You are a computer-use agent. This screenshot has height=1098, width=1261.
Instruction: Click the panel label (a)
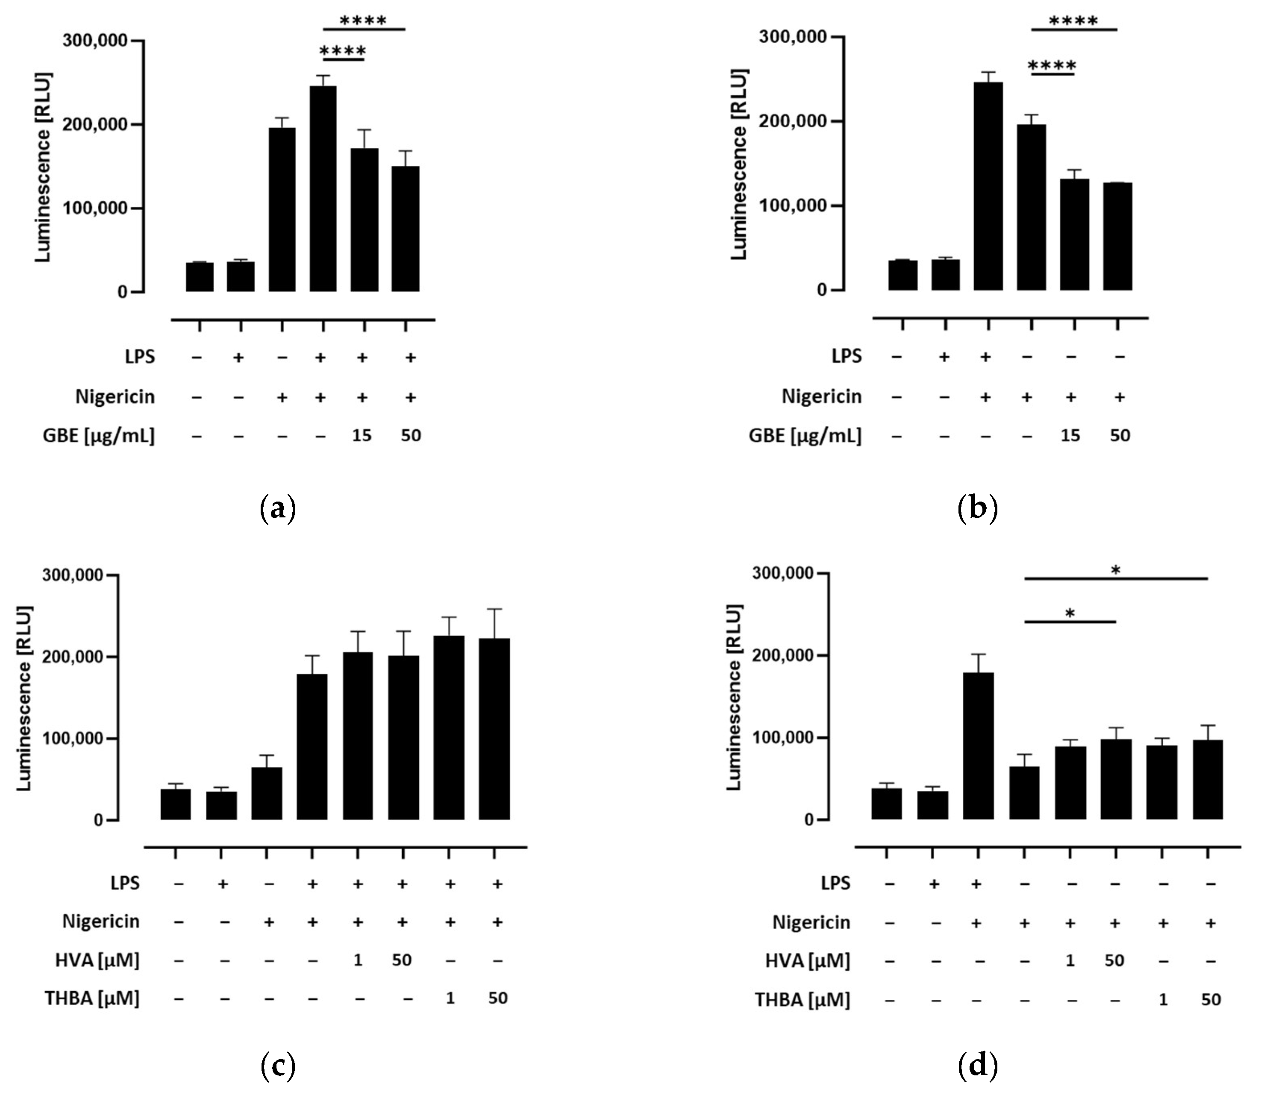click(278, 508)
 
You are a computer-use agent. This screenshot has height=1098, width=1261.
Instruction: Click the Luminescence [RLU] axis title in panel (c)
click(24, 699)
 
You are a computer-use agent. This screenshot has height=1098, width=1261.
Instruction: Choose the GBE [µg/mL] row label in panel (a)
click(98, 436)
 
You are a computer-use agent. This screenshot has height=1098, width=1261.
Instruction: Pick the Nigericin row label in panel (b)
click(821, 397)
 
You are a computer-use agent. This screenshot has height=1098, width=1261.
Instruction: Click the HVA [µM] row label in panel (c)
click(97, 960)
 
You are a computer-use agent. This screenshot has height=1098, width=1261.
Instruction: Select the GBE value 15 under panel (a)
click(362, 436)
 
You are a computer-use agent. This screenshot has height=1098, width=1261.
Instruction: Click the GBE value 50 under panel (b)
click(1120, 436)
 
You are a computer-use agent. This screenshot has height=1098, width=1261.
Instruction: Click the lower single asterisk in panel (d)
click(1070, 614)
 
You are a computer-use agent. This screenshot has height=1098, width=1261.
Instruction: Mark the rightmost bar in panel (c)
click(494, 729)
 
